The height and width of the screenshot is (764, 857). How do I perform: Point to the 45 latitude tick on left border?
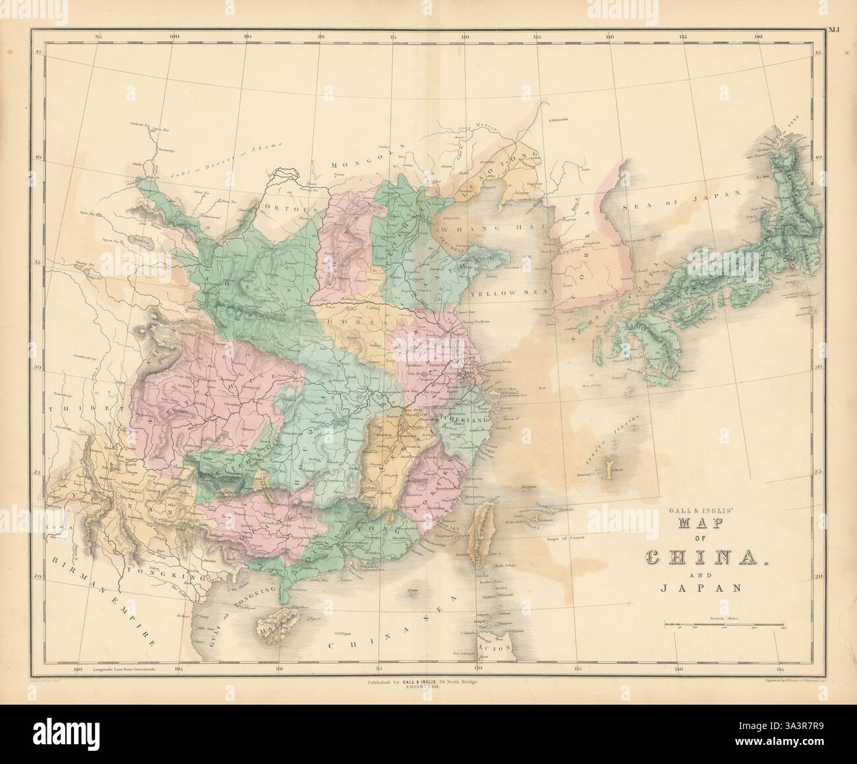click(x=38, y=52)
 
